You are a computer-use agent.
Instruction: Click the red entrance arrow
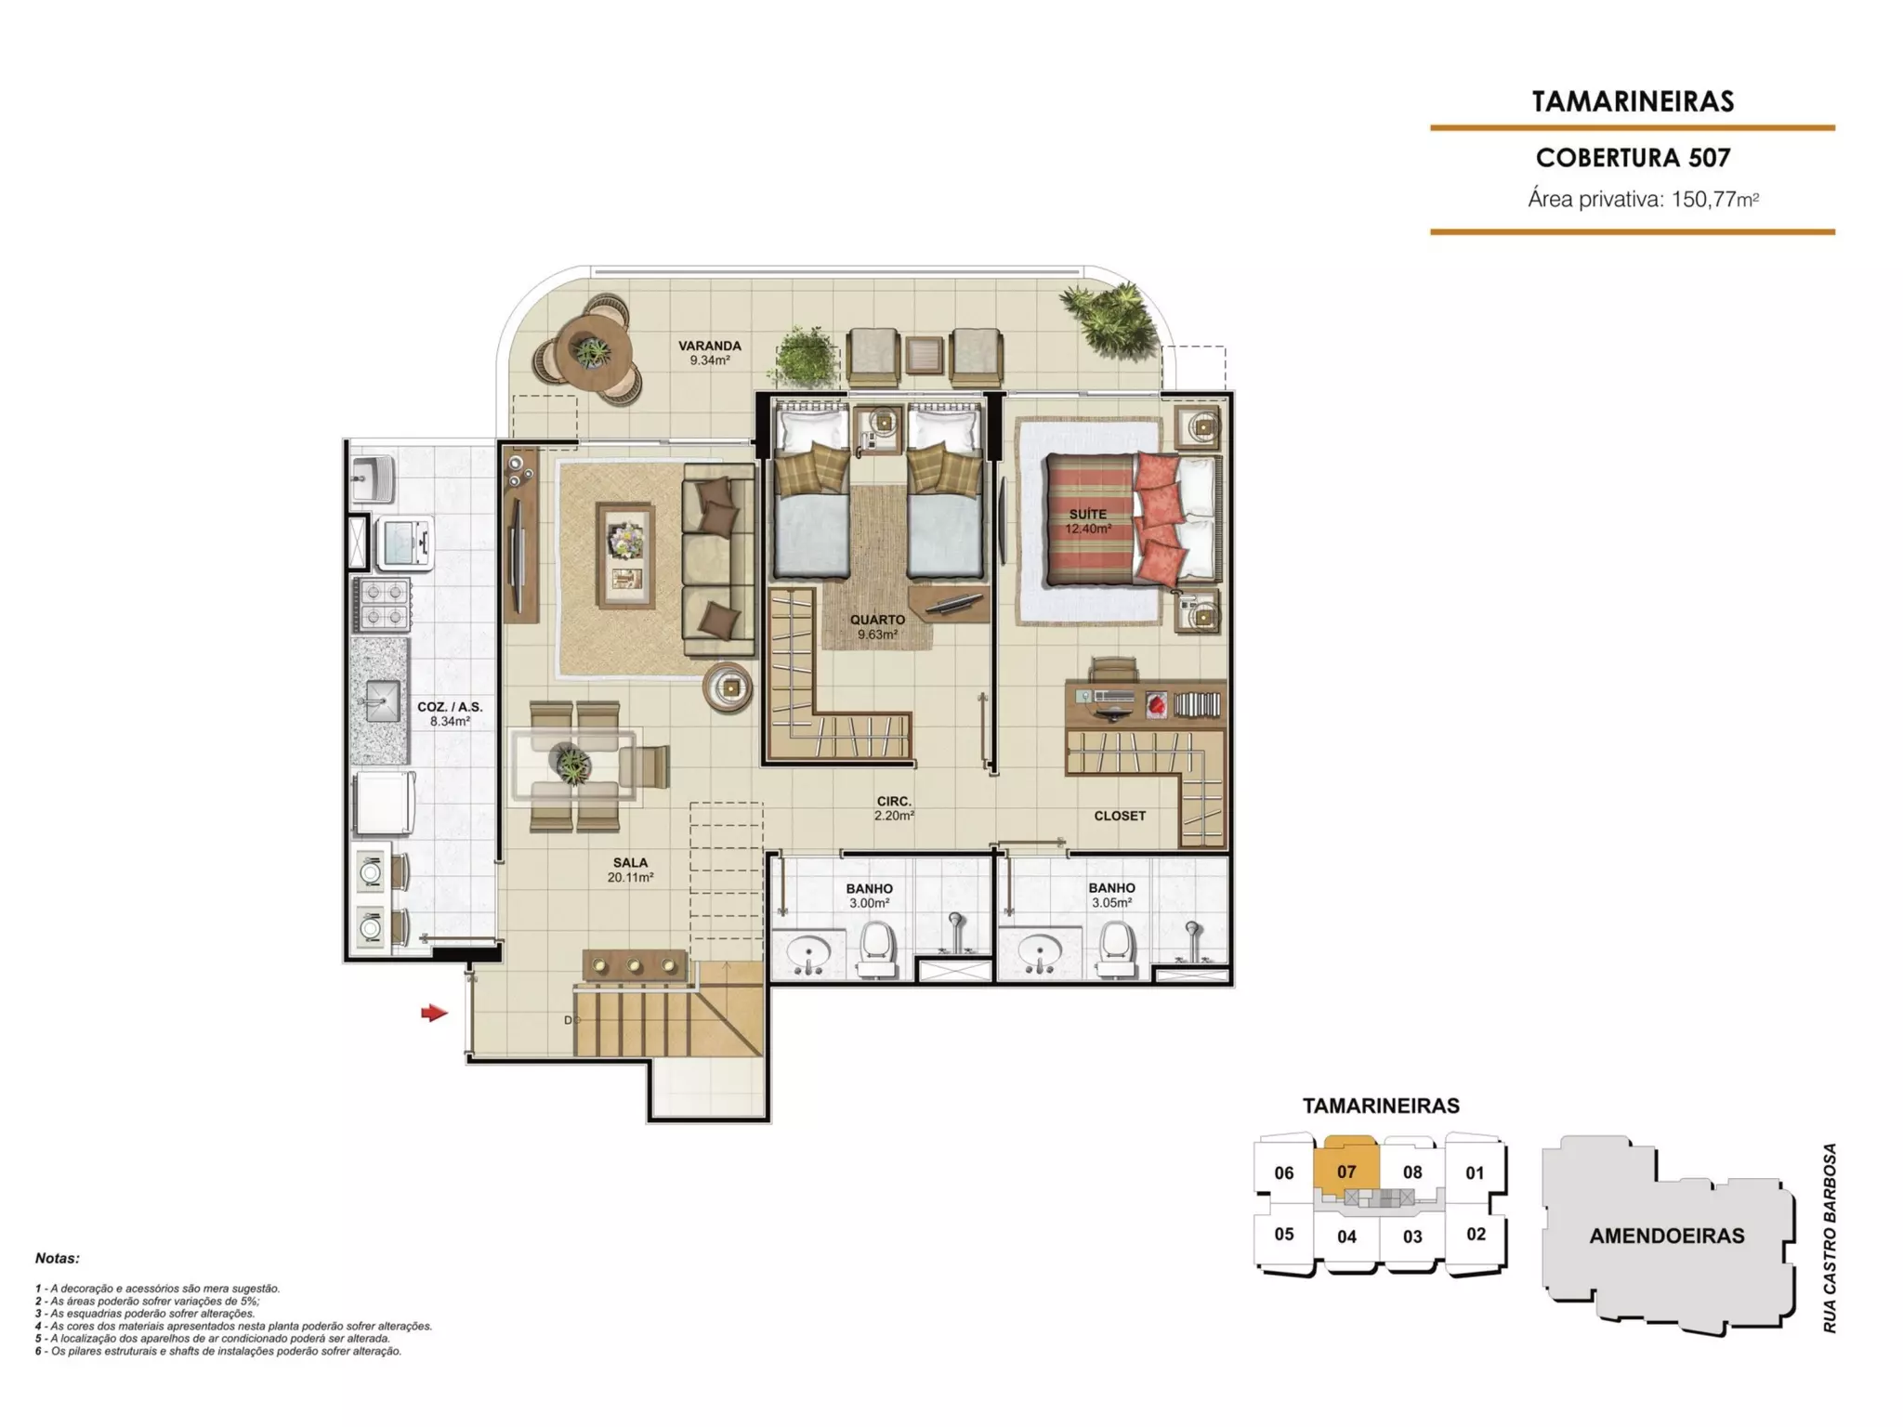[x=434, y=1013]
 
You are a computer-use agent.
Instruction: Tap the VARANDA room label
[x=709, y=346]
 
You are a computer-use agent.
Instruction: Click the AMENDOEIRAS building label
[x=1667, y=1237]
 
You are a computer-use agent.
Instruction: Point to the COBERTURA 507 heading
[x=1633, y=158]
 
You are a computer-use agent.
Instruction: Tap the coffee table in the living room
[x=625, y=556]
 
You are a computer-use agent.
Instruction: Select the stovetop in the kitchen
[x=381, y=605]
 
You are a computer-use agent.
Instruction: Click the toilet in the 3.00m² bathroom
[x=876, y=949]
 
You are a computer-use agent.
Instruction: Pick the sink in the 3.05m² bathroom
[x=1040, y=953]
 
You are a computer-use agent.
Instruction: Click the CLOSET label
[x=1120, y=816]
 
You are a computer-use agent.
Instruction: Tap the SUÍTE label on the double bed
[x=1088, y=514]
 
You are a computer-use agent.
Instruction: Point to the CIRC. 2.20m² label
[x=894, y=808]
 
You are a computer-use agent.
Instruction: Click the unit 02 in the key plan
[x=1476, y=1235]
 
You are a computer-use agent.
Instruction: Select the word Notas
[x=58, y=1259]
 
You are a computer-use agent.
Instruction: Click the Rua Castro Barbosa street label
[x=1830, y=1238]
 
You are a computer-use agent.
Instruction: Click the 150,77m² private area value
[x=1715, y=199]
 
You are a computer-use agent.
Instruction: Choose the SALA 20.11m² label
[x=630, y=870]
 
